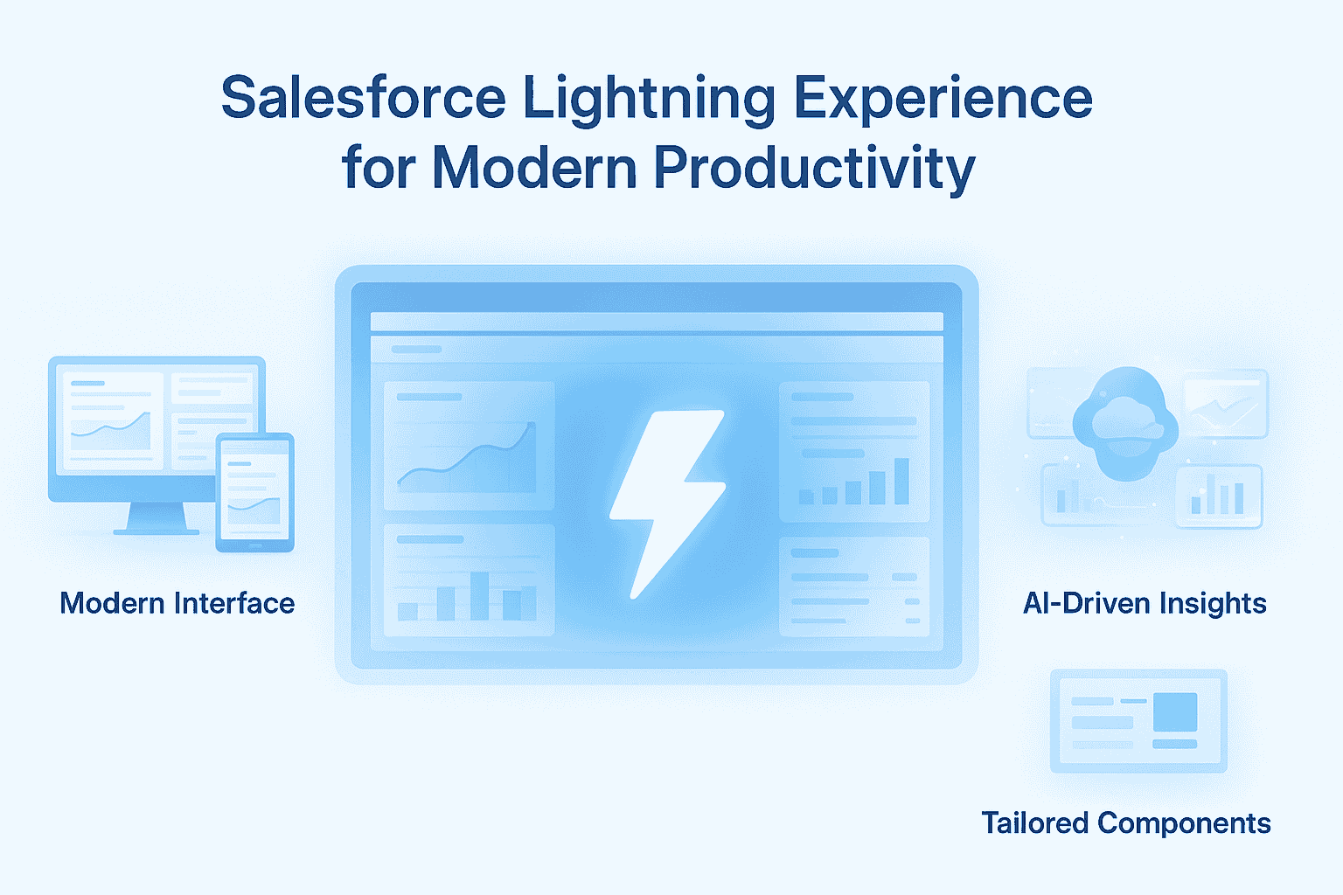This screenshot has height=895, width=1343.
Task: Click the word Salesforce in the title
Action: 363,98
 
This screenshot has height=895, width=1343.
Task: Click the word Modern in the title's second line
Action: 534,167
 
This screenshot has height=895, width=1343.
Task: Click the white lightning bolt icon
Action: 666,503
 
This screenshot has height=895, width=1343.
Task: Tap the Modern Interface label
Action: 177,603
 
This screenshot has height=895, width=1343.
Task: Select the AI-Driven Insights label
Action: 1145,603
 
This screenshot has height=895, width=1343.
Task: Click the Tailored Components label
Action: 1125,822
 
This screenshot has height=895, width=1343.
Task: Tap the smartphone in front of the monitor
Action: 254,492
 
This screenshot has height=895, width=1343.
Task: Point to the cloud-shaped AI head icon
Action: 1125,424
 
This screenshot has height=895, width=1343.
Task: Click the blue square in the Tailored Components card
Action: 1174,711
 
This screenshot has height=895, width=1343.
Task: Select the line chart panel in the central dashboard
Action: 469,446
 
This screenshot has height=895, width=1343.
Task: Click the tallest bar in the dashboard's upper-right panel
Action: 901,481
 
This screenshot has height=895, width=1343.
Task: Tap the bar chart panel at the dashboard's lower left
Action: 469,579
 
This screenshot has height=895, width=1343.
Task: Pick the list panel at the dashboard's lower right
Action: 853,586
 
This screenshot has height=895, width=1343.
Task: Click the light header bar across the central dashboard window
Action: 656,322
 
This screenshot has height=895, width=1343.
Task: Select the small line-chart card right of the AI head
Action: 1225,404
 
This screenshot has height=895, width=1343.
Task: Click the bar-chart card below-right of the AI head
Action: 1218,496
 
